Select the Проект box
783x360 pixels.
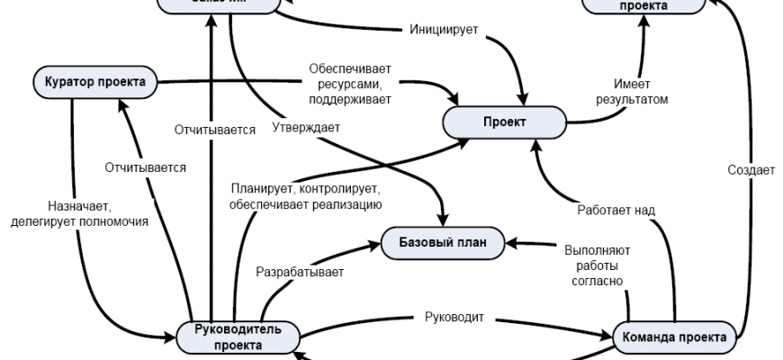coord(503,122)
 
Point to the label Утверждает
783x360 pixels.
coord(305,128)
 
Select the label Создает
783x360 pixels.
coord(751,171)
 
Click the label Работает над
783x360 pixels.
coord(615,210)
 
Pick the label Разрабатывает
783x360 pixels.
coord(301,270)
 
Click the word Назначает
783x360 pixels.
coord(77,204)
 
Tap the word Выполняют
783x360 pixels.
coord(596,251)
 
